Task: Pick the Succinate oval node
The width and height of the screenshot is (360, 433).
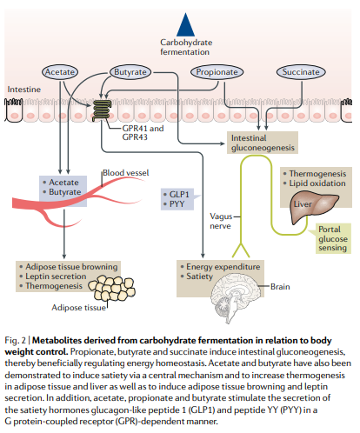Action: (300, 72)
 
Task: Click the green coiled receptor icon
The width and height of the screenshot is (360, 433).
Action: (102, 110)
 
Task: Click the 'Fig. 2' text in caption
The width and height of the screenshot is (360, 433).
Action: (19, 338)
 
